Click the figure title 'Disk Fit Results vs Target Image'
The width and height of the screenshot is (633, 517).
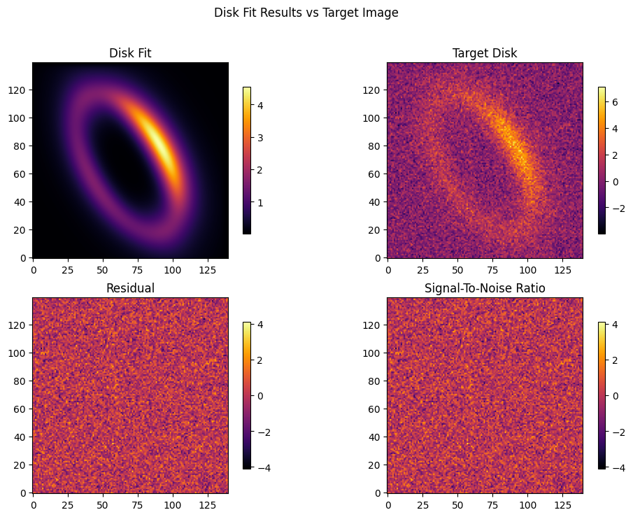tap(306, 13)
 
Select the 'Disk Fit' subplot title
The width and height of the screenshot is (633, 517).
tap(130, 53)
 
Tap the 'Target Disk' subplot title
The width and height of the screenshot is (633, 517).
tap(485, 53)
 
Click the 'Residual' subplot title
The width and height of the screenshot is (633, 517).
tap(130, 288)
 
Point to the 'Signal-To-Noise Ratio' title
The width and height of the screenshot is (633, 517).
tap(485, 288)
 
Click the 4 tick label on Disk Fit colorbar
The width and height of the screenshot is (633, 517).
tap(260, 106)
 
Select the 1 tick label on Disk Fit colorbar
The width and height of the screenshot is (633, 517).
tap(260, 203)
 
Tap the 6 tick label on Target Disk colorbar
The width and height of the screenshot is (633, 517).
tap(615, 102)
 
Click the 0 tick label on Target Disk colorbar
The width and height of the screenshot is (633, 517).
tap(615, 182)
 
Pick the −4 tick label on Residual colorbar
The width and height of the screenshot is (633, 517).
tap(264, 468)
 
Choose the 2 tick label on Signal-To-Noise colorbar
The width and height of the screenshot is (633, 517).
tap(615, 360)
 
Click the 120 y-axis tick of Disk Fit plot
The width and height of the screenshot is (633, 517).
tap(17, 90)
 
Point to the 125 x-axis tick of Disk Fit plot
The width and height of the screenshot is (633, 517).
tap(208, 269)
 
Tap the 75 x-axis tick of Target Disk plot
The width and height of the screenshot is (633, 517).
tap(492, 269)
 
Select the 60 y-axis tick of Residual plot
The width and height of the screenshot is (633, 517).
tap(20, 409)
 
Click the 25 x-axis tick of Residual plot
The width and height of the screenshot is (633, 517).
tap(68, 504)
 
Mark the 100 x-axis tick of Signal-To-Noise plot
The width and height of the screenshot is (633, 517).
tap(527, 504)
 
